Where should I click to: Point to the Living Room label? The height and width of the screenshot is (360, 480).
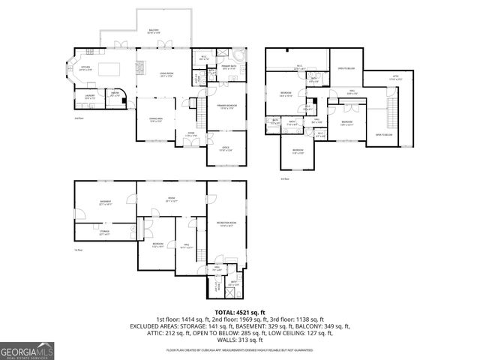(x=146, y=73)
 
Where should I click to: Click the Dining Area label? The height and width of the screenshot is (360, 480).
(x=157, y=120)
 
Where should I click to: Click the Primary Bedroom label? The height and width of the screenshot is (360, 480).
(x=227, y=106)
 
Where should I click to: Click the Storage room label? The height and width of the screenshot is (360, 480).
(x=103, y=233)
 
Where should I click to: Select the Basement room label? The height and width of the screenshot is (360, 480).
(x=105, y=202)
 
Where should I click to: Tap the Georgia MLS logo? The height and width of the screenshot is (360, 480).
(x=27, y=351)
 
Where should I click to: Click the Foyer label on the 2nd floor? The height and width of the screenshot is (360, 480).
(x=191, y=134)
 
